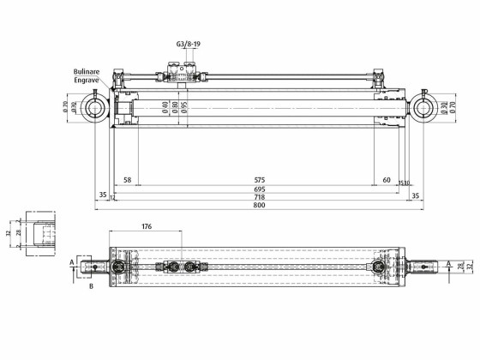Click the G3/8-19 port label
(x=189, y=43)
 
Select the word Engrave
(x=87, y=81)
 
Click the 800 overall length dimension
(x=259, y=206)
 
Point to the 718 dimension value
(x=259, y=197)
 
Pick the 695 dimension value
(x=259, y=189)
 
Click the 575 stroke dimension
(x=259, y=180)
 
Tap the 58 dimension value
(x=127, y=180)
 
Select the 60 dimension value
(x=387, y=180)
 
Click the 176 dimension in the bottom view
(x=146, y=227)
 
